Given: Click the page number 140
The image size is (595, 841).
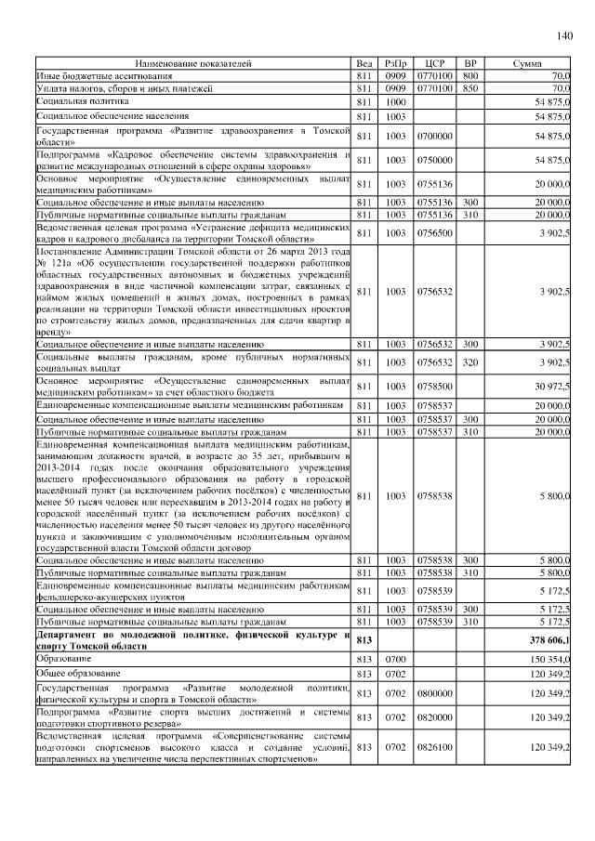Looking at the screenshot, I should click(x=563, y=36).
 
